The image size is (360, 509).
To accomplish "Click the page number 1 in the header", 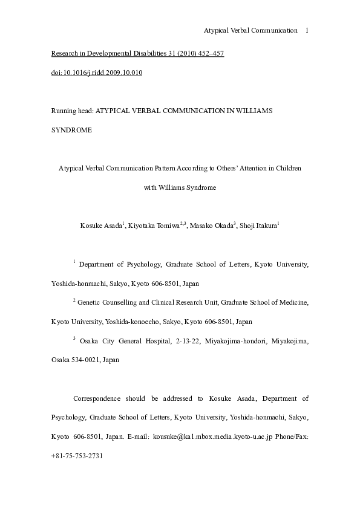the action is (x=307, y=30).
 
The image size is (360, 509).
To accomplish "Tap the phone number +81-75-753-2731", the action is (x=77, y=455).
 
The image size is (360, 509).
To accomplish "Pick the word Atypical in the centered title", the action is (x=71, y=169).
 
